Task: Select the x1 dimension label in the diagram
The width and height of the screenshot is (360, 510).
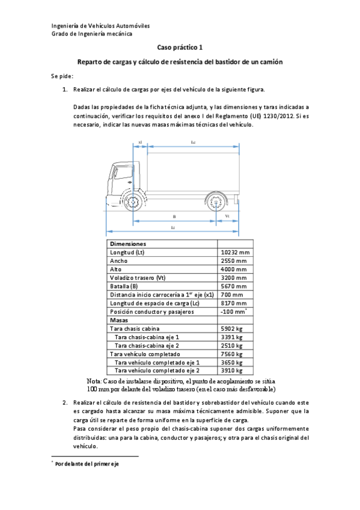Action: [x=139, y=143]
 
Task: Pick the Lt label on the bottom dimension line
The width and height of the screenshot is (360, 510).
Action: [x=173, y=227]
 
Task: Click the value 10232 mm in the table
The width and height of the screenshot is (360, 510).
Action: [x=235, y=253]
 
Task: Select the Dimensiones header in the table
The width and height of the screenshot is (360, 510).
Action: [x=127, y=244]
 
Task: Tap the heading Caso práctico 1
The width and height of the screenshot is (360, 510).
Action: [x=180, y=46]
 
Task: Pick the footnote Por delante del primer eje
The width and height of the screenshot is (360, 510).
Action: [x=87, y=464]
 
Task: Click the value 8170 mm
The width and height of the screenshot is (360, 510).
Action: [x=233, y=303]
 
